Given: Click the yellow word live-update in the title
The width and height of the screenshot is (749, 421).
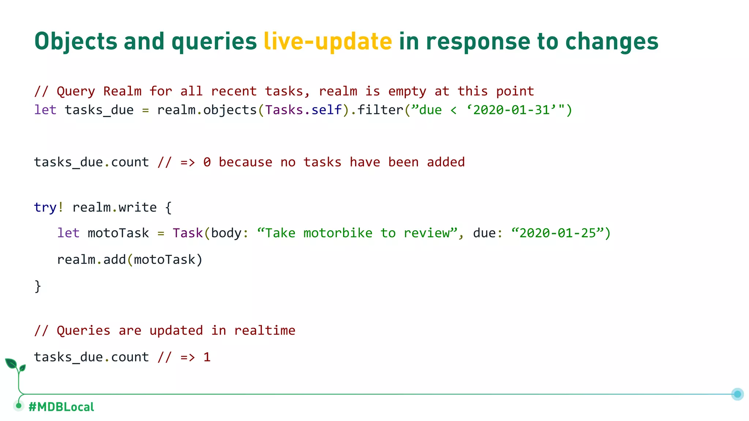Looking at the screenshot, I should point(328,41).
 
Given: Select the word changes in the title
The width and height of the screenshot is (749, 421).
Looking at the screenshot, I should point(611,41).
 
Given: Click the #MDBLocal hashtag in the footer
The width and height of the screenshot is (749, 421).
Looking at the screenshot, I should point(61,407).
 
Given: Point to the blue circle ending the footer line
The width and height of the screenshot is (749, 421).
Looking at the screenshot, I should point(737,394).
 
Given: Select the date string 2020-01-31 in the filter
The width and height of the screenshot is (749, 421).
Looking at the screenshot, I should point(511,110).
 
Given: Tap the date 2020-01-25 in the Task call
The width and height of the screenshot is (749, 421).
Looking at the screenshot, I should point(558,233).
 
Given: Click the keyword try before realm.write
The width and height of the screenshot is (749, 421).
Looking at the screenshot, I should point(45,208).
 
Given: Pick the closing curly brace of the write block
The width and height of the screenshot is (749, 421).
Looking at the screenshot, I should point(38,286).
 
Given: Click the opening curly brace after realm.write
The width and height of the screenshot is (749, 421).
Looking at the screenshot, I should point(168,208).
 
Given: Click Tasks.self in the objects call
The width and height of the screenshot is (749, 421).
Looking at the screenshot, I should point(303,110).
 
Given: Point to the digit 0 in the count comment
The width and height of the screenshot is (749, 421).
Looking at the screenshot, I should point(207,162).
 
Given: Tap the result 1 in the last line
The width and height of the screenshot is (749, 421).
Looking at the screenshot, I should point(207,357).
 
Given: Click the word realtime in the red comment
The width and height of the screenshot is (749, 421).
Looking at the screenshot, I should point(264,331).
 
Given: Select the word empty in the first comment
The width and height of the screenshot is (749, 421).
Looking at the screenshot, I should point(407,91).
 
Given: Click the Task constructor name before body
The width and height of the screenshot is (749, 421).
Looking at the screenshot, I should point(188,233).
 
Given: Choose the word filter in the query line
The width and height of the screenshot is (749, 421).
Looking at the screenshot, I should point(380,110).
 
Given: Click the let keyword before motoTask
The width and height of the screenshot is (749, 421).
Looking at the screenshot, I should point(68,233).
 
